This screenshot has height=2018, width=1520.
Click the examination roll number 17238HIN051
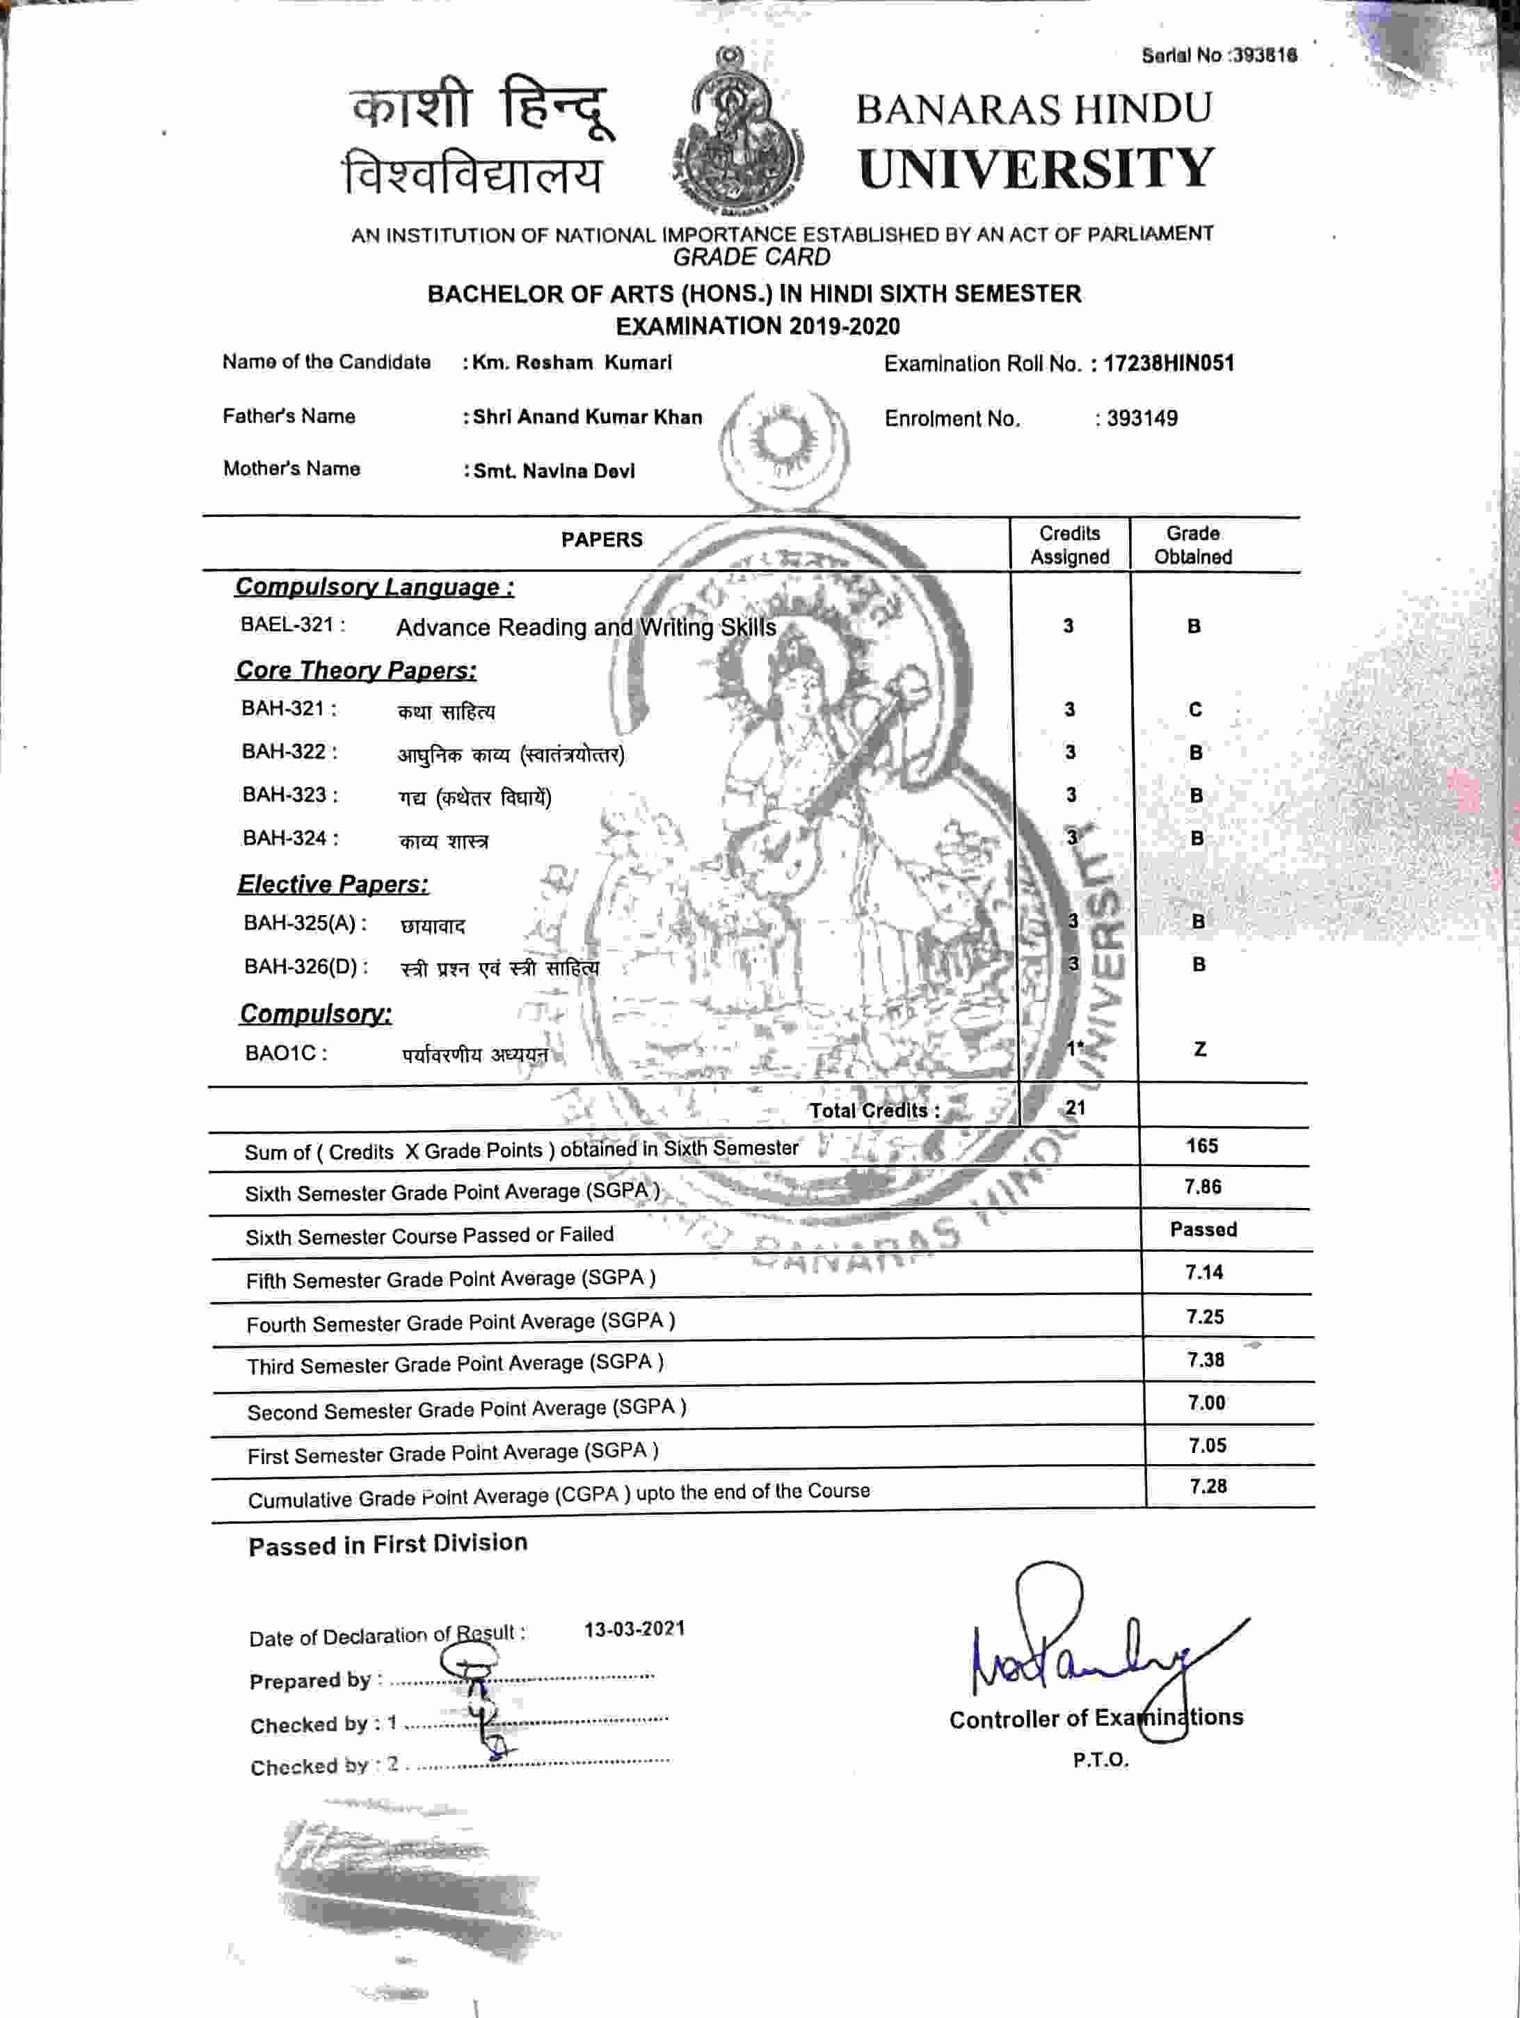pyautogui.click(x=1169, y=363)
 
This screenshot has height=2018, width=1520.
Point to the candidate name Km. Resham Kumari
pyautogui.click(x=572, y=362)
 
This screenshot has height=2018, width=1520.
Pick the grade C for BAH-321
pyautogui.click(x=1194, y=710)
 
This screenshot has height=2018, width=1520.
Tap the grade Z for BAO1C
pyautogui.click(x=1200, y=1049)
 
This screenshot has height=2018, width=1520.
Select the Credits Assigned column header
pyautogui.click(x=1069, y=545)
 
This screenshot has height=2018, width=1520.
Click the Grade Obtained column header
pyautogui.click(x=1192, y=545)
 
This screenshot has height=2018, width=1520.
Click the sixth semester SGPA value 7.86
pyautogui.click(x=1203, y=1187)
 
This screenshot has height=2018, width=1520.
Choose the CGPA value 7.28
pyautogui.click(x=1208, y=1486)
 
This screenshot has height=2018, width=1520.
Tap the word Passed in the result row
pyautogui.click(x=1203, y=1230)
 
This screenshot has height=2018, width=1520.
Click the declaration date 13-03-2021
pyautogui.click(x=634, y=1628)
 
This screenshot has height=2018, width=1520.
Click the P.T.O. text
pyautogui.click(x=1101, y=1760)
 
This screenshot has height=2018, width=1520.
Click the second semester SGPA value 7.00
pyautogui.click(x=1206, y=1402)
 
